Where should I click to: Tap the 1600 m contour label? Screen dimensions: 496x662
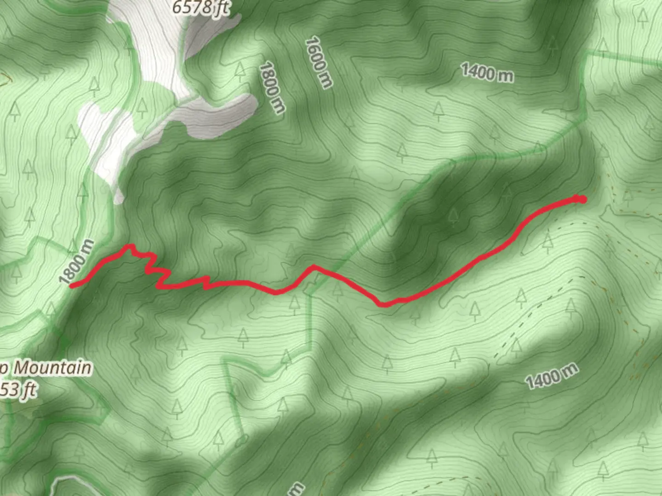coord(318,62)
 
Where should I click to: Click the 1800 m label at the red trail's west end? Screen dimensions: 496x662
coord(76,262)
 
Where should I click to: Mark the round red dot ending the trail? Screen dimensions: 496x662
coord(582,199)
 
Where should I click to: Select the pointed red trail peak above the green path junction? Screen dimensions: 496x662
coord(313,266)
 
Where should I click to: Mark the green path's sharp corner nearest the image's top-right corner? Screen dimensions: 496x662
coord(588,54)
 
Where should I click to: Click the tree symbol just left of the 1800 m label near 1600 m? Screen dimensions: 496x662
coord(239,70)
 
